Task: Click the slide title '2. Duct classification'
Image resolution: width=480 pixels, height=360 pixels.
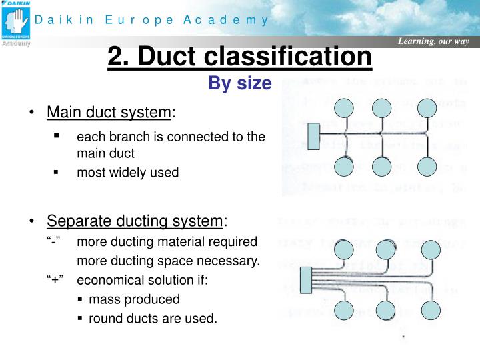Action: click(239, 57)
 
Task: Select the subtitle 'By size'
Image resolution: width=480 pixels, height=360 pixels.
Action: click(240, 83)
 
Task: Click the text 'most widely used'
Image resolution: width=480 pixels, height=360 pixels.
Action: click(128, 173)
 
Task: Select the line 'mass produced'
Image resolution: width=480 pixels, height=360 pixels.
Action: click(134, 299)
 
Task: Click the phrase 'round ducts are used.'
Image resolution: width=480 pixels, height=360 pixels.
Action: click(153, 319)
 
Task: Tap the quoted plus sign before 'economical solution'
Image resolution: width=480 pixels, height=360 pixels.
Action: click(55, 280)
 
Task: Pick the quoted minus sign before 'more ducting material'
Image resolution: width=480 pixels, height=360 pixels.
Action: click(55, 241)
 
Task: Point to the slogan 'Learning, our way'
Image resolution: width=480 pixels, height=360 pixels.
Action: click(433, 42)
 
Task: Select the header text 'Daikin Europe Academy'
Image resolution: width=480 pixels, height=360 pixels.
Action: click(152, 20)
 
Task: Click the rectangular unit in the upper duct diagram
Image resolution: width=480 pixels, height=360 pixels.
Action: click(314, 136)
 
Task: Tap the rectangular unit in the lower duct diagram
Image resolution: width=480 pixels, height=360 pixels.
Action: click(308, 280)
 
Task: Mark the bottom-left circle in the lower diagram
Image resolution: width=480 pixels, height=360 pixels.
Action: click(345, 310)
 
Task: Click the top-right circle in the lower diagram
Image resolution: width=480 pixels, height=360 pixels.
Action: click(429, 250)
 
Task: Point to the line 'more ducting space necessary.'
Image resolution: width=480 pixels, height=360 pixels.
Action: click(168, 261)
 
